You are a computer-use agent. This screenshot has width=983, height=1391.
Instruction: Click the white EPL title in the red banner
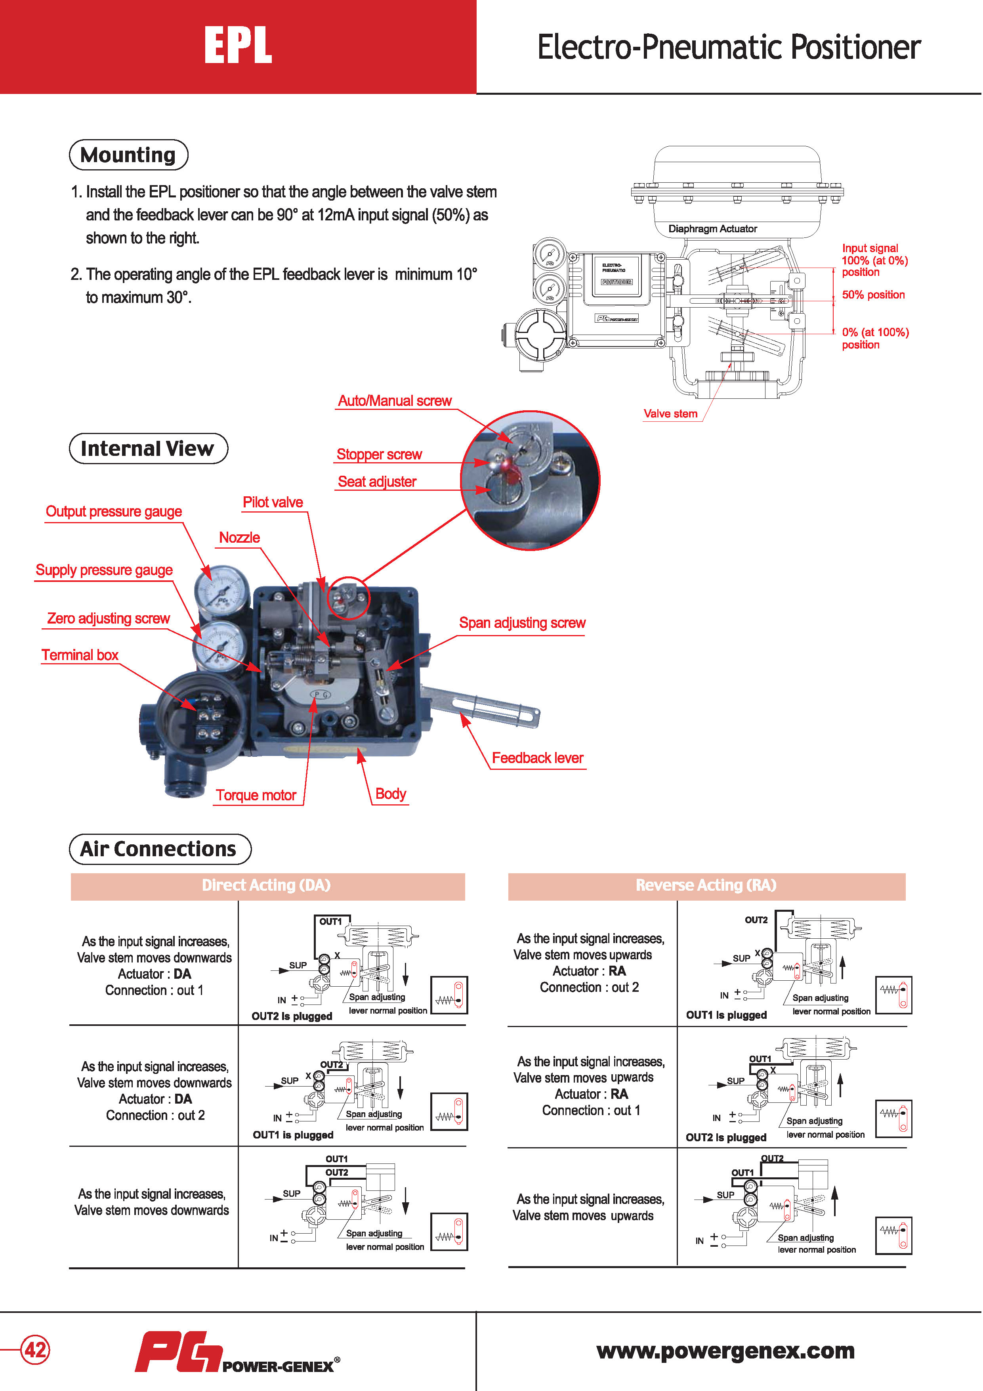(238, 46)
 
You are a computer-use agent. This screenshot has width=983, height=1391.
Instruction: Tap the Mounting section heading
(128, 155)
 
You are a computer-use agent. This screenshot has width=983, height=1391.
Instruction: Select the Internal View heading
(148, 448)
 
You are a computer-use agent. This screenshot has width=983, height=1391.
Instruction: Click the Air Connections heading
(159, 849)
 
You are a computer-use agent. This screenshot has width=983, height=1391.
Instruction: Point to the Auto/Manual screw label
(394, 401)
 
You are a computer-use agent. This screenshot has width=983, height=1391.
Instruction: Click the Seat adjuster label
(377, 482)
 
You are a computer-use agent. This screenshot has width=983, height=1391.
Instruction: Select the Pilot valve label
(273, 502)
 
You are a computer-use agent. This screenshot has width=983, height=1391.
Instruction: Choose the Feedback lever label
(537, 758)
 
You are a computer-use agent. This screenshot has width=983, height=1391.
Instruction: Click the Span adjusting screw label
(522, 623)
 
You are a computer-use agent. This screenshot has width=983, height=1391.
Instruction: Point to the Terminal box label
(80, 655)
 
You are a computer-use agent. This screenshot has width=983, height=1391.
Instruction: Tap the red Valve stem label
(670, 414)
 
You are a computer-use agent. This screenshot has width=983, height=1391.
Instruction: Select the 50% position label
(873, 295)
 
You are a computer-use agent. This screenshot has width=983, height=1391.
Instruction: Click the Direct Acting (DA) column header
(267, 885)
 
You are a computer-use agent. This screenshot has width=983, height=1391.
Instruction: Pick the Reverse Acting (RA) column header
(706, 885)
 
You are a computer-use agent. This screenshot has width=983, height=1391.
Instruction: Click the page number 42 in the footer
(35, 1349)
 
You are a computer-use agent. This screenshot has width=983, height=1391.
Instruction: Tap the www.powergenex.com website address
(725, 1351)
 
